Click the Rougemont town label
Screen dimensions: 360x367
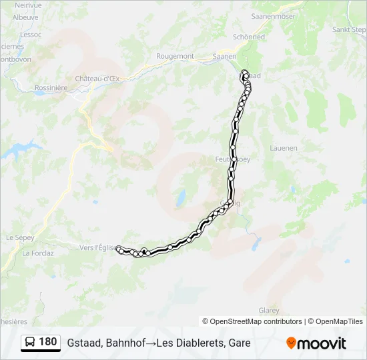point(174,57)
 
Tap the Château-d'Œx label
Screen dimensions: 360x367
point(97,79)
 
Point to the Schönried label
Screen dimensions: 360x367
point(248,37)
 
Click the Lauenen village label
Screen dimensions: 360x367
point(283,148)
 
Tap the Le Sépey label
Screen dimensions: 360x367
point(19,237)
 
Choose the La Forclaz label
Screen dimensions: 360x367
point(37,253)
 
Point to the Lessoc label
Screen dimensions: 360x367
point(31,33)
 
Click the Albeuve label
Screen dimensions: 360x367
point(25,17)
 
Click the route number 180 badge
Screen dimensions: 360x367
point(47,342)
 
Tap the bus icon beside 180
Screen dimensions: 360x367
point(31,343)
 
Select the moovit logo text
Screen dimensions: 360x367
point(322,343)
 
